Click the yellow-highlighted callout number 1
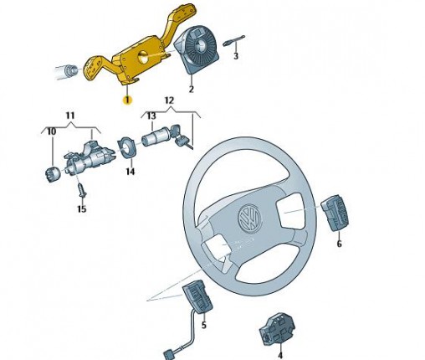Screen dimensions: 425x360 [127, 100]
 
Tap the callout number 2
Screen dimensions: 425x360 [191, 90]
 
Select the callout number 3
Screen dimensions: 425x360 [236, 55]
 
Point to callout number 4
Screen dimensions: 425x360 [280, 355]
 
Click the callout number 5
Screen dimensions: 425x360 [204, 325]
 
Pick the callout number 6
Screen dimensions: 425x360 [339, 244]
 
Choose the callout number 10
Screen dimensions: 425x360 [52, 131]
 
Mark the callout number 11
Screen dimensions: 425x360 [70, 116]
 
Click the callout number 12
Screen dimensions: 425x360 [169, 100]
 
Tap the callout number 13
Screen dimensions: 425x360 [151, 116]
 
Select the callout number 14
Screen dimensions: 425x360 [131, 172]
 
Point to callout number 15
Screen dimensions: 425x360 [82, 209]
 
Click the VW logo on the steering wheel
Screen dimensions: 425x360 [249, 218]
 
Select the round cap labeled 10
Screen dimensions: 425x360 [53, 174]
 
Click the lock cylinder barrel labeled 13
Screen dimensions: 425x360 [152, 136]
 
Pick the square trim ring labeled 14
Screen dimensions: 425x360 [127, 147]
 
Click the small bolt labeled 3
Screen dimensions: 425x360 [233, 41]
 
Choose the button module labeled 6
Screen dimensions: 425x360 [335, 213]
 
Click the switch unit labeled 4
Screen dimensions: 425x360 [277, 329]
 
